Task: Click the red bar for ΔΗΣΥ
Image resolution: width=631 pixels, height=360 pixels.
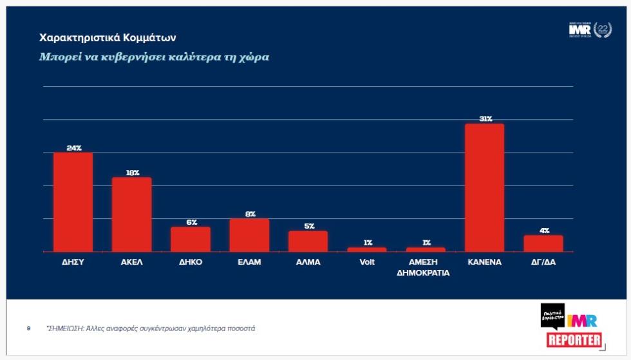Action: pyautogui.click(x=73, y=202)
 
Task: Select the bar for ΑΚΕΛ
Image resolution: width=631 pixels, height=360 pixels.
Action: pyautogui.click(x=131, y=214)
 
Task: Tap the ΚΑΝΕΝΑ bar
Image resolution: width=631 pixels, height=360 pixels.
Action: pyautogui.click(x=484, y=187)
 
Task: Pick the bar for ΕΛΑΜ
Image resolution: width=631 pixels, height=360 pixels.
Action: pyautogui.click(x=249, y=235)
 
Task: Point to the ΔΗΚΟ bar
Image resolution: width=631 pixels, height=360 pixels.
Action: pyautogui.click(x=191, y=239)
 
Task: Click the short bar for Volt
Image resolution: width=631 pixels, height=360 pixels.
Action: pyautogui.click(x=367, y=249)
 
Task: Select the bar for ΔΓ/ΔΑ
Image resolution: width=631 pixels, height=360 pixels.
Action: pyautogui.click(x=543, y=243)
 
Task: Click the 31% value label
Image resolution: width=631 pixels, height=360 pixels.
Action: pyautogui.click(x=484, y=118)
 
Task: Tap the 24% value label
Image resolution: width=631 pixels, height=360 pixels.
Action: pyautogui.click(x=73, y=148)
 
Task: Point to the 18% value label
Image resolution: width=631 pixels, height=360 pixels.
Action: pyautogui.click(x=132, y=173)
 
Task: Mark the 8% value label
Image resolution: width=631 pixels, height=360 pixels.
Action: pyautogui.click(x=250, y=214)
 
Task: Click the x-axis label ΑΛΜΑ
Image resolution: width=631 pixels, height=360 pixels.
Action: pyautogui.click(x=308, y=262)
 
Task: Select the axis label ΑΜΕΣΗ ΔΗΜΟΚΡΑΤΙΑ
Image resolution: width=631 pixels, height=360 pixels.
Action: pyautogui.click(x=426, y=267)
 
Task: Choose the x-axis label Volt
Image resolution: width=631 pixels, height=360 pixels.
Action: pyautogui.click(x=367, y=262)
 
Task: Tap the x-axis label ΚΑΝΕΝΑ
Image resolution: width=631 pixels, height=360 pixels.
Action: pyautogui.click(x=484, y=262)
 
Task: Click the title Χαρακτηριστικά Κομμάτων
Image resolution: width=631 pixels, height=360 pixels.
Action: pyautogui.click(x=108, y=38)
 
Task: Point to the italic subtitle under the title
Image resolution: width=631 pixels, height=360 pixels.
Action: pyautogui.click(x=154, y=57)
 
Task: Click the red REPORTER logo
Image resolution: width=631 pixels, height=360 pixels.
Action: pyautogui.click(x=574, y=341)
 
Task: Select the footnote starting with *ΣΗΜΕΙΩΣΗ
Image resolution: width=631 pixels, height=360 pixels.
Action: pyautogui.click(x=151, y=328)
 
